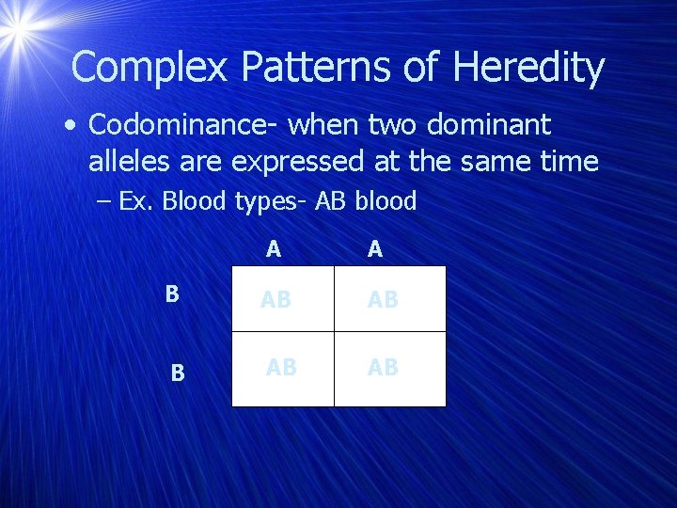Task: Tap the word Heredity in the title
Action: (528, 68)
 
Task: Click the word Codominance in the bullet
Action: (180, 125)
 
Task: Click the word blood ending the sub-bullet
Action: (386, 201)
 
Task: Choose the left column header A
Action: (273, 248)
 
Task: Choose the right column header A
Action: (375, 248)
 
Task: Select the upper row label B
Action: (172, 294)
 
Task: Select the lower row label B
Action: (178, 373)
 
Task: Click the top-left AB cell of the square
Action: (276, 300)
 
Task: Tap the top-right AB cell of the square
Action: (383, 300)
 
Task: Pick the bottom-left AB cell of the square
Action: (281, 368)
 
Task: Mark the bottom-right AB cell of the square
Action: (383, 368)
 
